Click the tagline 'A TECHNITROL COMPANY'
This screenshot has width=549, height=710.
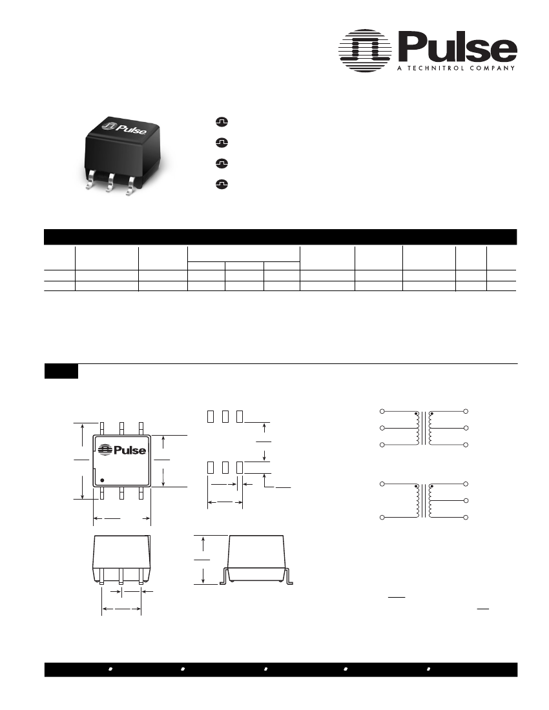455,68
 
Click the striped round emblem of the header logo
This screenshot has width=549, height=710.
366,50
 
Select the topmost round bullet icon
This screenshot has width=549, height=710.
221,122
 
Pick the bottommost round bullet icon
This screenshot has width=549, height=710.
221,184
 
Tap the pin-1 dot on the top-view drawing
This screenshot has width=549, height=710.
102,480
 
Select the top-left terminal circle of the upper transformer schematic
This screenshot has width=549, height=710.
382,411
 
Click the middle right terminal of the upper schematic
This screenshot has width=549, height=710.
466,429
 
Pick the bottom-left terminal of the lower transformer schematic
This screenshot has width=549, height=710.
382,518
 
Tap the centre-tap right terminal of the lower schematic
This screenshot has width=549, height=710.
466,502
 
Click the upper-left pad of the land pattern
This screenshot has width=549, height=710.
209,416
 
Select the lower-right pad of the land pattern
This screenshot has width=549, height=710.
239,468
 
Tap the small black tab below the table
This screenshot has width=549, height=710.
61,371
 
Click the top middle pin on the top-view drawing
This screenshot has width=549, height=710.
121,428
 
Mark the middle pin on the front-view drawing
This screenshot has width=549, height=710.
121,576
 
